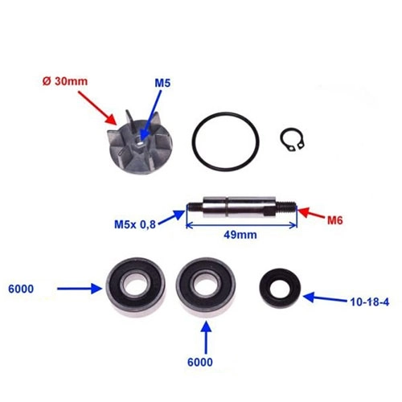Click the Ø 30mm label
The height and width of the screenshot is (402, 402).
65,81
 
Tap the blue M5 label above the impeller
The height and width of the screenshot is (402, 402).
162,83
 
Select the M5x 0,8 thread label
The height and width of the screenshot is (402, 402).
135,224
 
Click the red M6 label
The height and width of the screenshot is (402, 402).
335,220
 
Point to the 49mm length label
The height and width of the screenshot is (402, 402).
240,235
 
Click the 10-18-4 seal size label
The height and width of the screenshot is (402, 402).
370,302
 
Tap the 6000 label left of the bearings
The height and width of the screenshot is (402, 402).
21,289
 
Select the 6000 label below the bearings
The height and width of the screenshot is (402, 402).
200,362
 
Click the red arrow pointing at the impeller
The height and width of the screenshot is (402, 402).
97,108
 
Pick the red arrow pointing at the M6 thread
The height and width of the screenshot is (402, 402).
312,213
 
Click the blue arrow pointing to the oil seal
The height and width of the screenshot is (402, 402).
325,298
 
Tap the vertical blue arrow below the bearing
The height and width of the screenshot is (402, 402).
206,337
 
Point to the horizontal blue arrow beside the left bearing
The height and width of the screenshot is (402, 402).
80,289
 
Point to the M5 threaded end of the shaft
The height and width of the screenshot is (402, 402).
194,208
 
